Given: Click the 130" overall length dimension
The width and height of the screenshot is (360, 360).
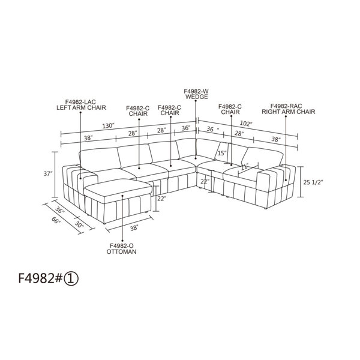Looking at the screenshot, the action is [108, 126].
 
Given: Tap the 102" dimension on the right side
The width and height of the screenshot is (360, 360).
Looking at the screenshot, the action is [246, 124].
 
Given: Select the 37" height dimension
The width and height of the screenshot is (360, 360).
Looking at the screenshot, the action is [48, 174].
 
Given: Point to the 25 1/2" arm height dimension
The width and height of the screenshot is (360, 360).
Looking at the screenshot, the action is [313, 182].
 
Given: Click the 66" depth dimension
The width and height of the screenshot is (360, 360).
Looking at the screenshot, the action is [56, 221].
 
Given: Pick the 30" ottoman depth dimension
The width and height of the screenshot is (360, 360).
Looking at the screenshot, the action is [79, 224].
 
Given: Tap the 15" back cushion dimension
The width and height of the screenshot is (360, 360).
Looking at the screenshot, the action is [222, 153].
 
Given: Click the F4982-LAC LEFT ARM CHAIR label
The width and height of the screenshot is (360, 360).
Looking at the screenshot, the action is [81, 104].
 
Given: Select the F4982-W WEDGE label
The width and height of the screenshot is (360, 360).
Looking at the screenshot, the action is [197, 94].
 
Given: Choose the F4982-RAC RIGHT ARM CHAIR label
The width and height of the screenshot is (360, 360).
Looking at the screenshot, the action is [289, 109].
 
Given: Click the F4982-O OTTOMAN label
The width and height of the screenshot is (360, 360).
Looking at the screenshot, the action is [121, 249].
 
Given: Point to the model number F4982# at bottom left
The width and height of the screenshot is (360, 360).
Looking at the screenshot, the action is [40, 278].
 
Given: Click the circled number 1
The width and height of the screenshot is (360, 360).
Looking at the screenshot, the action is [71, 279].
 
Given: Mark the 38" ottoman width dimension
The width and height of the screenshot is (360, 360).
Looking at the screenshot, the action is [134, 228].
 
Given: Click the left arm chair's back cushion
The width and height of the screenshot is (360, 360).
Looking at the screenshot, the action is [100, 160].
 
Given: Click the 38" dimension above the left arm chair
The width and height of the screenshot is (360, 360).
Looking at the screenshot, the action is [88, 138].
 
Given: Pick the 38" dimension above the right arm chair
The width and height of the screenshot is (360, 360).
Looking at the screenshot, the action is [276, 139].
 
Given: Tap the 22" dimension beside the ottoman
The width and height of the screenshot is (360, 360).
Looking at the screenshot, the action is [161, 199].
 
